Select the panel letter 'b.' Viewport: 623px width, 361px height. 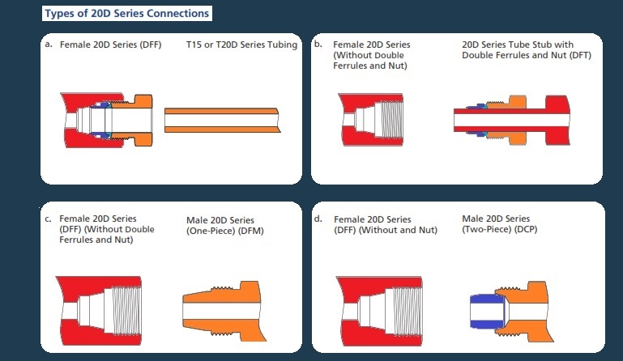318,44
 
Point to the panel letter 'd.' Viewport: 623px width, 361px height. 318,219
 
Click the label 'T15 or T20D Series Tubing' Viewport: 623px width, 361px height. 241,44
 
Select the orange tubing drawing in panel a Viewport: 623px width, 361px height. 222,121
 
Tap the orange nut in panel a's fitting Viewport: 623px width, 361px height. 139,120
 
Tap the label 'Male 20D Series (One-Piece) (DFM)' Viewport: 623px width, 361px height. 220,225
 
